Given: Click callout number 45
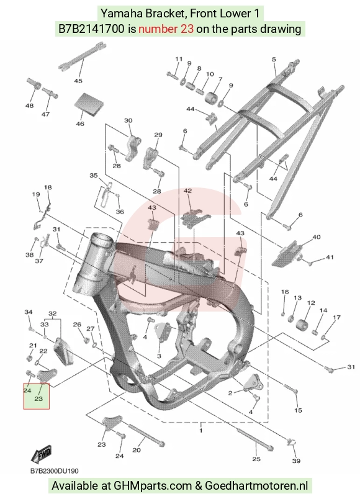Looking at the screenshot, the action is click(x=78, y=81).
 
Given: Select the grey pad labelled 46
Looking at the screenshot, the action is click(x=89, y=103).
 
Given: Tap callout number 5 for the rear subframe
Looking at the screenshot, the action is click(x=274, y=59).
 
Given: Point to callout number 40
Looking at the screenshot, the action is click(x=316, y=237).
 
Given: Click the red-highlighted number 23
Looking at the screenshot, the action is click(x=38, y=398).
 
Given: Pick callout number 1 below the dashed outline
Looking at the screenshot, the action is click(x=201, y=431).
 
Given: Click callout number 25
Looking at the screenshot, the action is click(x=256, y=459).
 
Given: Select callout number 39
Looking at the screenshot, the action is click(x=296, y=461).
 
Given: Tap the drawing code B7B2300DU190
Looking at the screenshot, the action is click(x=54, y=470).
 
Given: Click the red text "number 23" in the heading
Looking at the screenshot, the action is click(x=166, y=29).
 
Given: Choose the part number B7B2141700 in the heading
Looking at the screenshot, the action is click(x=91, y=29).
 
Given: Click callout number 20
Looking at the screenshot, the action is click(x=136, y=450).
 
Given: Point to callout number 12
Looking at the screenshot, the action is click(x=311, y=303).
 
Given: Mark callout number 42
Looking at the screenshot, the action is click(x=188, y=191).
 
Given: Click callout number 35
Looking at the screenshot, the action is click(x=93, y=176).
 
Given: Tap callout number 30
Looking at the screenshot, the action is click(x=128, y=120).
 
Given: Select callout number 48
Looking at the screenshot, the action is click(x=29, y=106).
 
